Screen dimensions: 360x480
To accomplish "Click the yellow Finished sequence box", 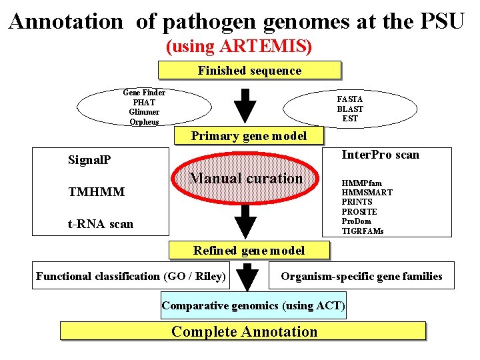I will pos(249,71).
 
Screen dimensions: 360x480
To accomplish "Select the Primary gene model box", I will pos(249,136).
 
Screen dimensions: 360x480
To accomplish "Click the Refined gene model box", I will pos(249,251).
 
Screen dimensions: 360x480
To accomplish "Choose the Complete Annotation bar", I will pos(243,331).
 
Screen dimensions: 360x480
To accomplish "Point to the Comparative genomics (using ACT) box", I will pos(253,306).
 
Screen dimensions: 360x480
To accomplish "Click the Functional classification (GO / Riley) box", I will pos(131,276).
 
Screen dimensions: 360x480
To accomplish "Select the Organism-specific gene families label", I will pos(361,276).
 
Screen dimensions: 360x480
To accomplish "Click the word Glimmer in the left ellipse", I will pos(144,112).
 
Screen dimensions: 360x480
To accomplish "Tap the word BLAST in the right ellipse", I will pos(350,109).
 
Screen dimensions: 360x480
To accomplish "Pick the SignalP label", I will pos(90,160).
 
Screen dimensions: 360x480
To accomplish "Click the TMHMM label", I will pos(96,192).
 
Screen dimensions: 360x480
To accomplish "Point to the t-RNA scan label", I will pos(100,224).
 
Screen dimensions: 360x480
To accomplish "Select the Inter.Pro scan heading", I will pos(380,155).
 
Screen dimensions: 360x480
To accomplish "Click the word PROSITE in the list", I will pos(359,211).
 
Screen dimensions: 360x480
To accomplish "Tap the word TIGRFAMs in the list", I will pos(362,231).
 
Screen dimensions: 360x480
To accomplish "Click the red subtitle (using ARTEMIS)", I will pos(239,47).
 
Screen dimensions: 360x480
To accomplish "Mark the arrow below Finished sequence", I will pos(247,102).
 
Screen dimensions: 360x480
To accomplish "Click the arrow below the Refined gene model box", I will pos(247,277).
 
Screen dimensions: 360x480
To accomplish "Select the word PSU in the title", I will pos(442,21).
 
